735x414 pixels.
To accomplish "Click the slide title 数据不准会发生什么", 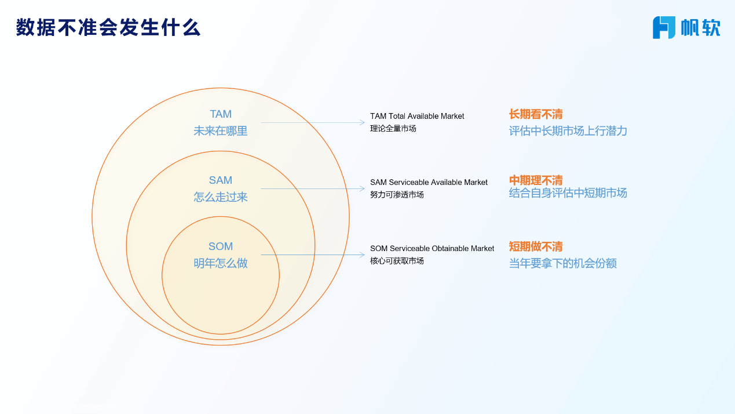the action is coord(108,27).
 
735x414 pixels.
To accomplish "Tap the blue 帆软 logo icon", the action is coord(664,28).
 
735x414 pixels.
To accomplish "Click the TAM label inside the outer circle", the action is coord(221,114).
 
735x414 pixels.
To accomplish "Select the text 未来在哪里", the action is coord(221,131).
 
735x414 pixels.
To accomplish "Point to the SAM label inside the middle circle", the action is coord(221,180).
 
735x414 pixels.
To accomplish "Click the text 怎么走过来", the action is coord(221,197).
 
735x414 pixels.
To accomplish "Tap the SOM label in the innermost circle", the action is coord(221,246).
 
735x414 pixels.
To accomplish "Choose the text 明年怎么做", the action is coord(221,263).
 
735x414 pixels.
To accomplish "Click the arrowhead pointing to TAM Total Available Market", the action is coord(362,122).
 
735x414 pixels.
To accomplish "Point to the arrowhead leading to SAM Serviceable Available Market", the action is coord(362,188).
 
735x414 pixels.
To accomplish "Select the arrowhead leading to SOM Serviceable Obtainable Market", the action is coord(362,255).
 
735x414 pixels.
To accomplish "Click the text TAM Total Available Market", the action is coord(417,116).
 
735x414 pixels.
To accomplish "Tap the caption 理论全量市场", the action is coord(393,129).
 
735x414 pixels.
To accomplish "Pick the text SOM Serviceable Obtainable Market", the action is coord(432,248).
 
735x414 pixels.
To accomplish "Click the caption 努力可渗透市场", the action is coord(397,194).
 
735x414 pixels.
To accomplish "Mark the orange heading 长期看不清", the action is coord(536,114).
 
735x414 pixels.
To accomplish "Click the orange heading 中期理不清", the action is coord(536,180).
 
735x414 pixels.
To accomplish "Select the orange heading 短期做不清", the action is coord(536,246).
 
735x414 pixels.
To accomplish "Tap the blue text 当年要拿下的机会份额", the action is coord(563,263).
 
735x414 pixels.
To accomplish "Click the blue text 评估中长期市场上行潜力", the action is coord(568,131).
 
